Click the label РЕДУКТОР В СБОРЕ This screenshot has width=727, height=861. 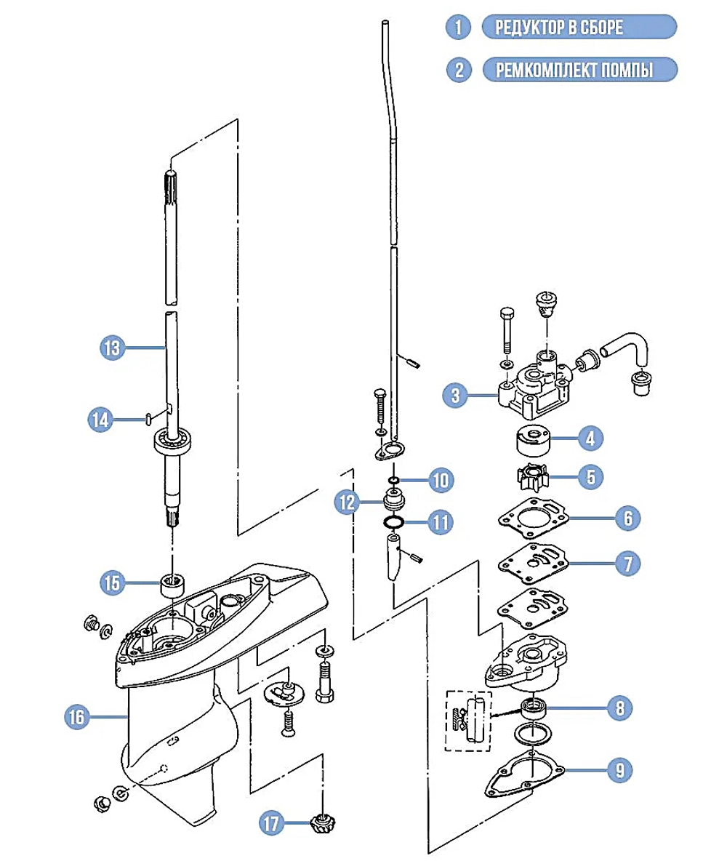pos(579,28)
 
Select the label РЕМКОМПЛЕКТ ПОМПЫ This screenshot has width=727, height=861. pos(579,70)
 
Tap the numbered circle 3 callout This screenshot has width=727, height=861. pos(455,396)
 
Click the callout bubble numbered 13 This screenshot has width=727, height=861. pos(112,348)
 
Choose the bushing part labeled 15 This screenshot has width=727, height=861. pos(172,584)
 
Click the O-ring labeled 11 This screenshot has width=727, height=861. pos(394,522)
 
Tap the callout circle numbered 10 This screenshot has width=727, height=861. pos(440,480)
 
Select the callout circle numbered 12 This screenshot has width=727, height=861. pos(348,501)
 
